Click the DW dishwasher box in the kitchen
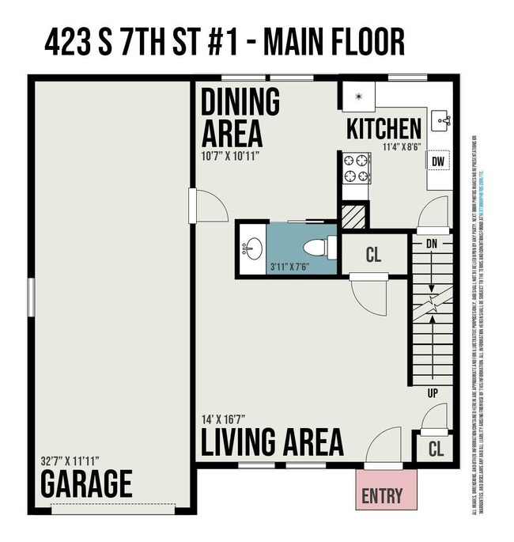[x=438, y=161]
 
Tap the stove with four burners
[x=357, y=169]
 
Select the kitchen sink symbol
[x=440, y=121]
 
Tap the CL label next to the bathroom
[x=375, y=256]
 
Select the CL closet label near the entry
[x=436, y=449]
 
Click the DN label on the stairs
[x=432, y=244]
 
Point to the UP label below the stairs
[x=432, y=393]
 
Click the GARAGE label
[x=86, y=482]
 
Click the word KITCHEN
[x=384, y=127]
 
